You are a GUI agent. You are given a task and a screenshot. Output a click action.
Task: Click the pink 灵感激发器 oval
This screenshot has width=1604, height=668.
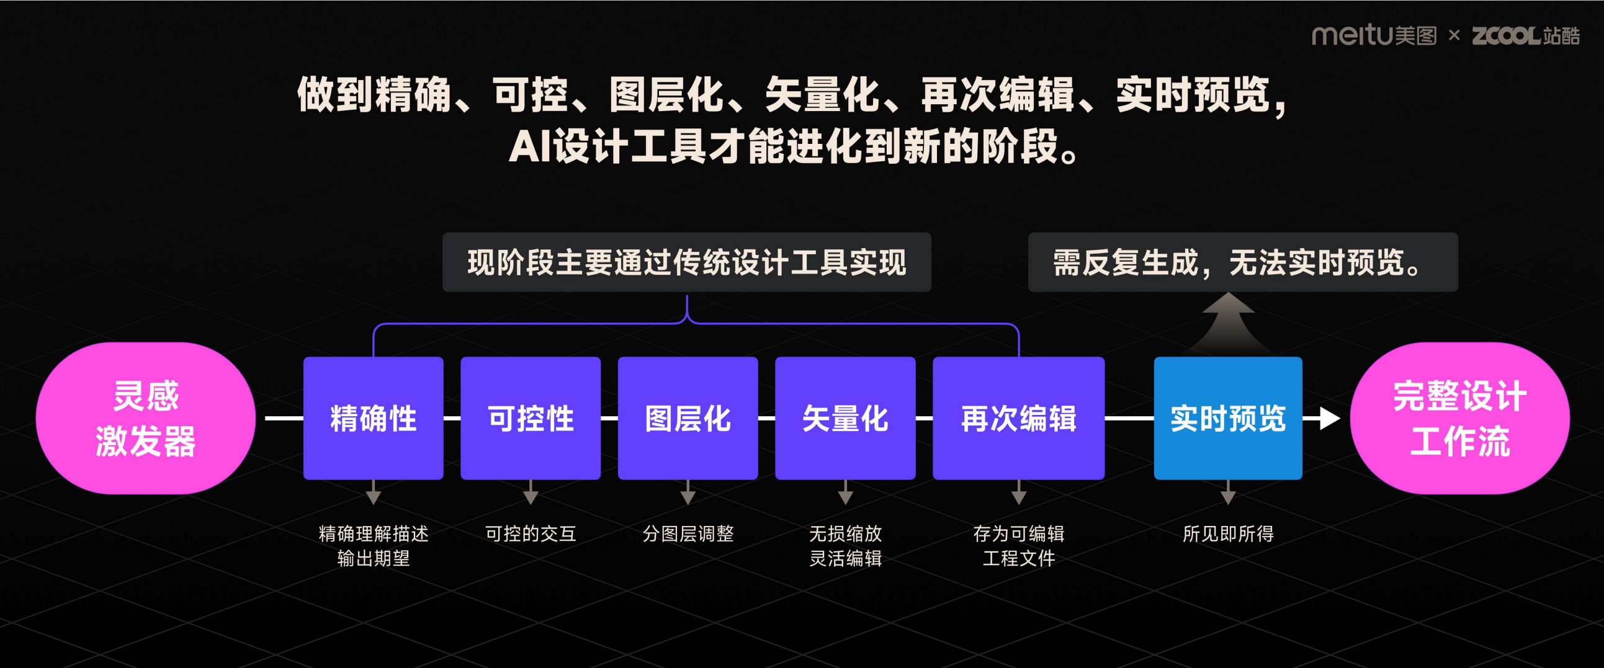point(146,418)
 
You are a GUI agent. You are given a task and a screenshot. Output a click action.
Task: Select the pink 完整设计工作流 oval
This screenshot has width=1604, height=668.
point(1459,418)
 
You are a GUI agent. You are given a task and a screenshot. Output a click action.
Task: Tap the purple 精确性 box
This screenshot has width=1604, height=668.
point(373,418)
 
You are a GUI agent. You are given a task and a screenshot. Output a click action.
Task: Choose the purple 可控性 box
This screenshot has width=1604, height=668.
point(531,418)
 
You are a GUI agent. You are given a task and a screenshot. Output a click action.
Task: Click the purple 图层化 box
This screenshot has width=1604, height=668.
point(688,418)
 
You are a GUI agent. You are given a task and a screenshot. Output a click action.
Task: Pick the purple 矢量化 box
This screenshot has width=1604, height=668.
point(845,418)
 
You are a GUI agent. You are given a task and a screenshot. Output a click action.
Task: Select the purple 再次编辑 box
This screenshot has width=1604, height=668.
point(1018,418)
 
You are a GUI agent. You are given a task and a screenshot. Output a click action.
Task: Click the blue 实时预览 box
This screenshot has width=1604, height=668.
point(1227,418)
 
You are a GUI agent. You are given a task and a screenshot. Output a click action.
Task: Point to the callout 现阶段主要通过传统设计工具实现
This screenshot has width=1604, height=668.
point(686,262)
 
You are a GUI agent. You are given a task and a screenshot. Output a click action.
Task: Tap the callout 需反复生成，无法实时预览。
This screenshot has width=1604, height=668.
point(1242,262)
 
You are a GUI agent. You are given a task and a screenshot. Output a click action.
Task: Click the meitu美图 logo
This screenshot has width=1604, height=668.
point(1374,35)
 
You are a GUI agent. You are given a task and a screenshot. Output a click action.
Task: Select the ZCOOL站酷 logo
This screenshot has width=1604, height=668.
point(1525,35)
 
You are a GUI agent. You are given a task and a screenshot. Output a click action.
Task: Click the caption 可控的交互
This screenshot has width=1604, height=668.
point(531,533)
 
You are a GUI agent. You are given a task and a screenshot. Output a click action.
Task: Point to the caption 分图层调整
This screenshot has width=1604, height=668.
point(688,533)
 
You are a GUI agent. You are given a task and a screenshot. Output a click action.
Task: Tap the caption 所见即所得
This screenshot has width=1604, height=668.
point(1227,533)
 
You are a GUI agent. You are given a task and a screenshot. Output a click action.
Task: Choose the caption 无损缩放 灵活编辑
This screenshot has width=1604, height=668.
point(845,545)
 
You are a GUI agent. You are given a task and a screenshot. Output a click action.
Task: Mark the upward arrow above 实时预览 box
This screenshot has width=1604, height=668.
point(1227,321)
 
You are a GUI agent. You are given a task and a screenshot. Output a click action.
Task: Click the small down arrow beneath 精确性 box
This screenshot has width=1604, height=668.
point(373,496)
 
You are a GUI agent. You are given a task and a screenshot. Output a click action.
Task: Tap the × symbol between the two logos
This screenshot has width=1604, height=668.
point(1454,35)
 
